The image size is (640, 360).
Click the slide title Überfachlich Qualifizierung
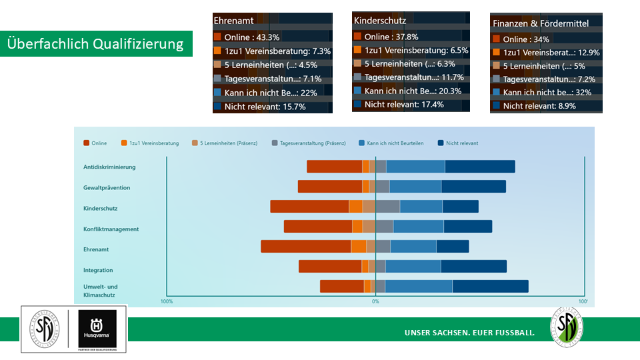click(x=96, y=44)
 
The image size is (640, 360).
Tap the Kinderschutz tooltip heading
click(x=380, y=21)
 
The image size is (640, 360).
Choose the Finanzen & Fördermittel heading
click(x=540, y=23)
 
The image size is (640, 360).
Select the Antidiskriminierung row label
click(x=109, y=167)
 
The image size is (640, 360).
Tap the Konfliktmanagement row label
click(x=111, y=229)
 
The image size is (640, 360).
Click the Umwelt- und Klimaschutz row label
click(x=100, y=291)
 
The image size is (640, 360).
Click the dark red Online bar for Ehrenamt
click(x=305, y=247)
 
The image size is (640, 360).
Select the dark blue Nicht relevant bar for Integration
click(x=473, y=267)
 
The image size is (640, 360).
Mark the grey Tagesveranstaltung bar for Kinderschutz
click(x=387, y=207)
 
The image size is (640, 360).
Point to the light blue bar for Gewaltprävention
click(x=415, y=187)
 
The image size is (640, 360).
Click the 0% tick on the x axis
click(x=375, y=302)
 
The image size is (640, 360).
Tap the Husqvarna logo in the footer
click(x=97, y=329)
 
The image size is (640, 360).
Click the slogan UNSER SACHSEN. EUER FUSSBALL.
click(x=469, y=332)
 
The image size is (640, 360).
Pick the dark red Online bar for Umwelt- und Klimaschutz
click(x=341, y=287)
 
